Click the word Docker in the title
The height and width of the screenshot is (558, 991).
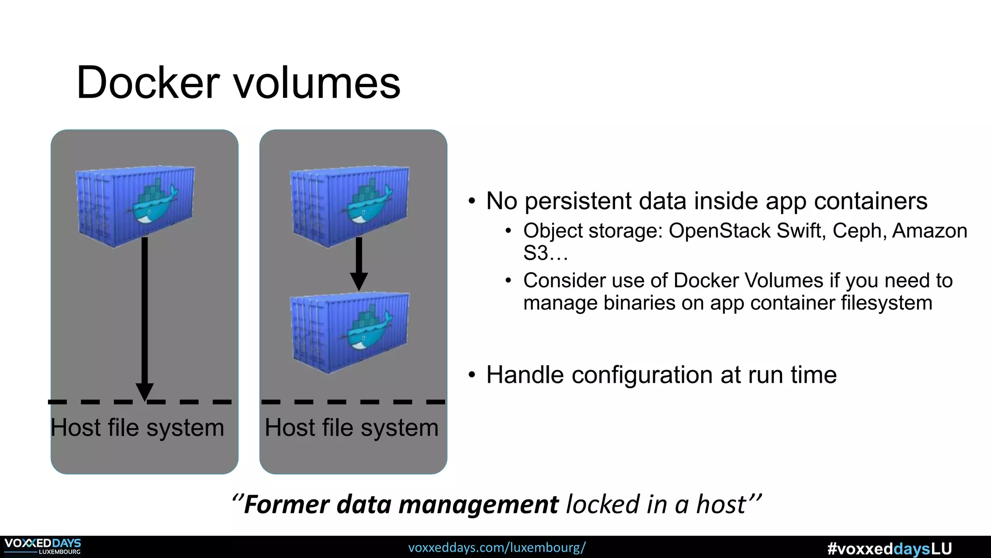[x=148, y=83]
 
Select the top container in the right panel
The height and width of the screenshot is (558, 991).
[x=349, y=206]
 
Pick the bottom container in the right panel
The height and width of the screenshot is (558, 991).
[x=349, y=332]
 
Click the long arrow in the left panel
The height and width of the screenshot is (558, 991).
[x=144, y=315]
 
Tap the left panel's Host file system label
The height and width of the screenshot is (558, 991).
[x=137, y=428]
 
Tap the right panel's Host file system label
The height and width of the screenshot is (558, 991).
[x=351, y=428]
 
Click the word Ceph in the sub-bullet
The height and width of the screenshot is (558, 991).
[x=859, y=231]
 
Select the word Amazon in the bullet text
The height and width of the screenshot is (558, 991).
[x=930, y=231]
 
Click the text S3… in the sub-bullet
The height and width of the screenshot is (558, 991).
[x=545, y=253]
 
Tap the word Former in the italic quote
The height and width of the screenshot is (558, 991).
[x=287, y=504]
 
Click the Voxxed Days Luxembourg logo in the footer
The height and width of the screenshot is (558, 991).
[x=43, y=546]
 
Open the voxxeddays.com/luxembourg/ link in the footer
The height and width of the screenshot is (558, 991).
[x=496, y=548]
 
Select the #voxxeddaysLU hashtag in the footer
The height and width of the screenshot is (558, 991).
[x=889, y=549]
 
